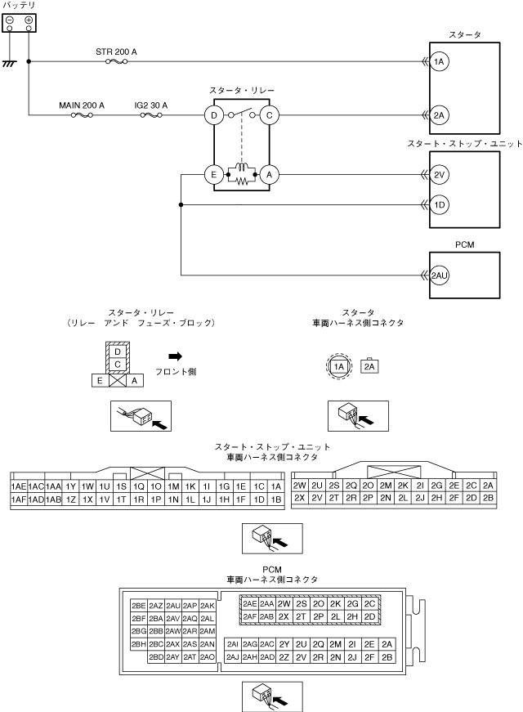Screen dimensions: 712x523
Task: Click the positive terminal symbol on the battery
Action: click(29, 19)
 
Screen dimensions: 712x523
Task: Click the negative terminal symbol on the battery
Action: click(10, 19)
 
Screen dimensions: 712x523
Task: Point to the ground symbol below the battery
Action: click(10, 63)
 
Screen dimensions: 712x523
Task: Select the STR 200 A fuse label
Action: click(116, 51)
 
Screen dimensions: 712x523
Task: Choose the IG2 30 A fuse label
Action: click(150, 105)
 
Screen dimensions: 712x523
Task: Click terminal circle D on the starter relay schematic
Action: click(214, 116)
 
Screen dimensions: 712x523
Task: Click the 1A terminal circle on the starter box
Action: click(439, 61)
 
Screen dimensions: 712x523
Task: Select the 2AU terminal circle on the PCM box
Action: click(439, 275)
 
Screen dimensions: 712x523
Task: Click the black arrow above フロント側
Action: click(175, 356)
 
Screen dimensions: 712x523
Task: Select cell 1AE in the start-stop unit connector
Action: click(18, 486)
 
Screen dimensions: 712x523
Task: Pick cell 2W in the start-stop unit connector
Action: click(299, 486)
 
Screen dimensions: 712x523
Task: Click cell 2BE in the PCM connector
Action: click(139, 605)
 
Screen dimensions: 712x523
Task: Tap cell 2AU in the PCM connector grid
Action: click(173, 605)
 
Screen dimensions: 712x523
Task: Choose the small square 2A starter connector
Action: click(369, 367)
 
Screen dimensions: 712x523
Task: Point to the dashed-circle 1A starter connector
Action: click(339, 367)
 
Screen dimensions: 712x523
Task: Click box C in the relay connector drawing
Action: click(117, 363)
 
